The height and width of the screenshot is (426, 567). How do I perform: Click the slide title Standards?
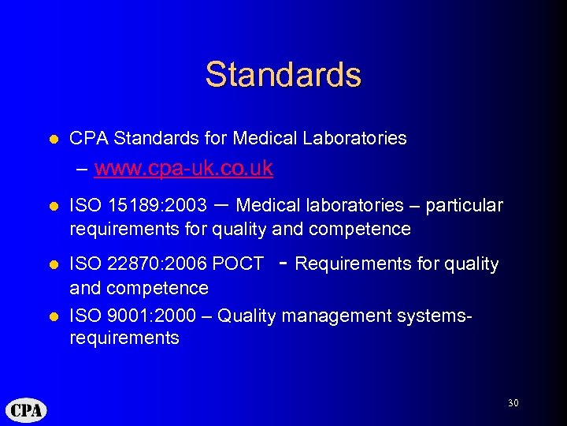(283, 75)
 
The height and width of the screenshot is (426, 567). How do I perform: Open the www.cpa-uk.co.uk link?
(183, 168)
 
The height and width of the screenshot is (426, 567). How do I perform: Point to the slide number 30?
(513, 403)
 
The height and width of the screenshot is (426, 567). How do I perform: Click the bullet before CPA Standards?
(54, 139)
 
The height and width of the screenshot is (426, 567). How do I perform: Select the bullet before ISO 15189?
(54, 206)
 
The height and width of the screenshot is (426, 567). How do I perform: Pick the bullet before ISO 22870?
(54, 263)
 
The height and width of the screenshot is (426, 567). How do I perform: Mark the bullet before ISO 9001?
(54, 316)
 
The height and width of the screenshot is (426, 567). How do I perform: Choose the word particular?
(465, 206)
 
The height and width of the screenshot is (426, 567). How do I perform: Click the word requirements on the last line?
(124, 338)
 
